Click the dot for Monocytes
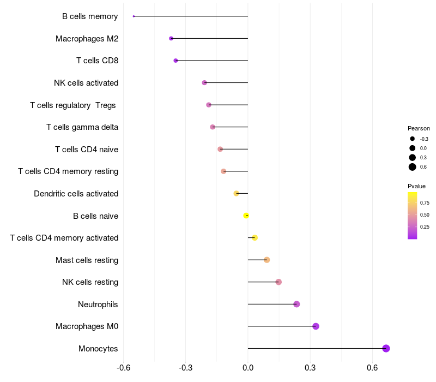pyautogui.click(x=386, y=349)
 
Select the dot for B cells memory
pyautogui.click(x=134, y=16)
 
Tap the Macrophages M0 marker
pyautogui.click(x=316, y=326)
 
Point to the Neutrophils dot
pyautogui.click(x=296, y=304)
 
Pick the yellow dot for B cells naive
pyautogui.click(x=246, y=216)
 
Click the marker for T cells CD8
pyautogui.click(x=175, y=61)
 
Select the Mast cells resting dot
pyautogui.click(x=267, y=260)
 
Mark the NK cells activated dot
pyautogui.click(x=204, y=83)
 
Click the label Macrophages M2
pyautogui.click(x=87, y=39)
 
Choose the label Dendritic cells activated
pyautogui.click(x=76, y=194)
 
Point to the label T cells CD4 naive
pyautogui.click(x=87, y=150)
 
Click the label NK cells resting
pyautogui.click(x=90, y=282)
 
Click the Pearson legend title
pyautogui.click(x=419, y=128)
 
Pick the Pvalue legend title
pyautogui.click(x=417, y=186)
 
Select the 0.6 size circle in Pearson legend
pyautogui.click(x=413, y=167)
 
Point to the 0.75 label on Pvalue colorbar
pyautogui.click(x=425, y=203)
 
